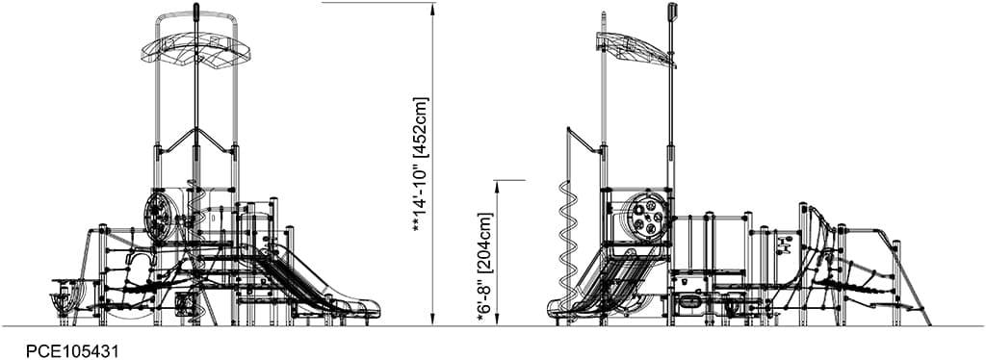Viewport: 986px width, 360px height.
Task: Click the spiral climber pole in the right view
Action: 566,236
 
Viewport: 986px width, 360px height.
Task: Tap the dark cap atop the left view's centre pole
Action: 195,12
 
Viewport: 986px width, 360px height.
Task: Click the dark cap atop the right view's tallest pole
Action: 672,11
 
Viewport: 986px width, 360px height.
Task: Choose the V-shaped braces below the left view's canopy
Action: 195,141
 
